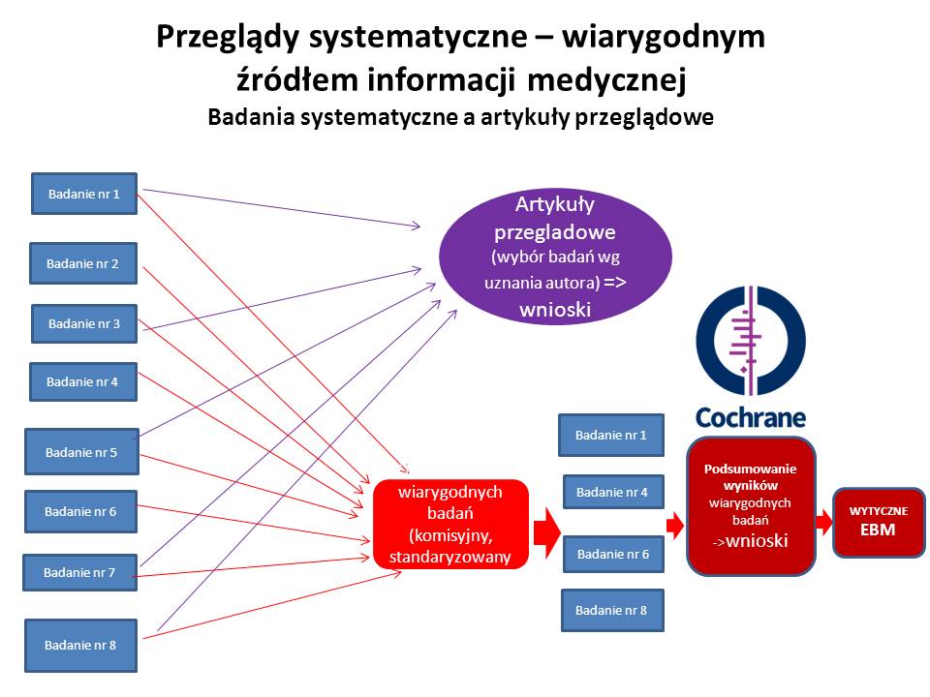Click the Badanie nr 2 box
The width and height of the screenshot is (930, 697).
[83, 263]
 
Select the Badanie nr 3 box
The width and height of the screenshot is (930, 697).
[84, 323]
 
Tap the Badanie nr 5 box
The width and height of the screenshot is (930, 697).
[81, 452]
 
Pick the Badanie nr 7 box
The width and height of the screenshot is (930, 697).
[80, 572]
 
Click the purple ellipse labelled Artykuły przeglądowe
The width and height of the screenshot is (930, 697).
[555, 257]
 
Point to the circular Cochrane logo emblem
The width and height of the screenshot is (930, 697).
[751, 341]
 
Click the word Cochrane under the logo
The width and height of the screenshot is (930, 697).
[751, 417]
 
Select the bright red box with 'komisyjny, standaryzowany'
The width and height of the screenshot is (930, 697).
[450, 525]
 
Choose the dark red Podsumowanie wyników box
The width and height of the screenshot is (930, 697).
[751, 505]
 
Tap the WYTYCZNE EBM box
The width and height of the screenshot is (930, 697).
[879, 522]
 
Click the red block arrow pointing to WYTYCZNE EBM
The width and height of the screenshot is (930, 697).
[823, 523]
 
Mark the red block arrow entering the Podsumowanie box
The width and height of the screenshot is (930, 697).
[675, 525]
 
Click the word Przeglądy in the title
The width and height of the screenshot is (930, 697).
[229, 38]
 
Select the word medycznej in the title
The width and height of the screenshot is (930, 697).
[606, 80]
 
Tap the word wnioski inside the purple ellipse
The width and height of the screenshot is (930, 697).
[555, 310]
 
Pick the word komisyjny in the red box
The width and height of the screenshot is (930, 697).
[450, 535]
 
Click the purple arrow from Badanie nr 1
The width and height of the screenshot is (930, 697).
[282, 207]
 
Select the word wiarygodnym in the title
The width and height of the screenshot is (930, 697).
[663, 38]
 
